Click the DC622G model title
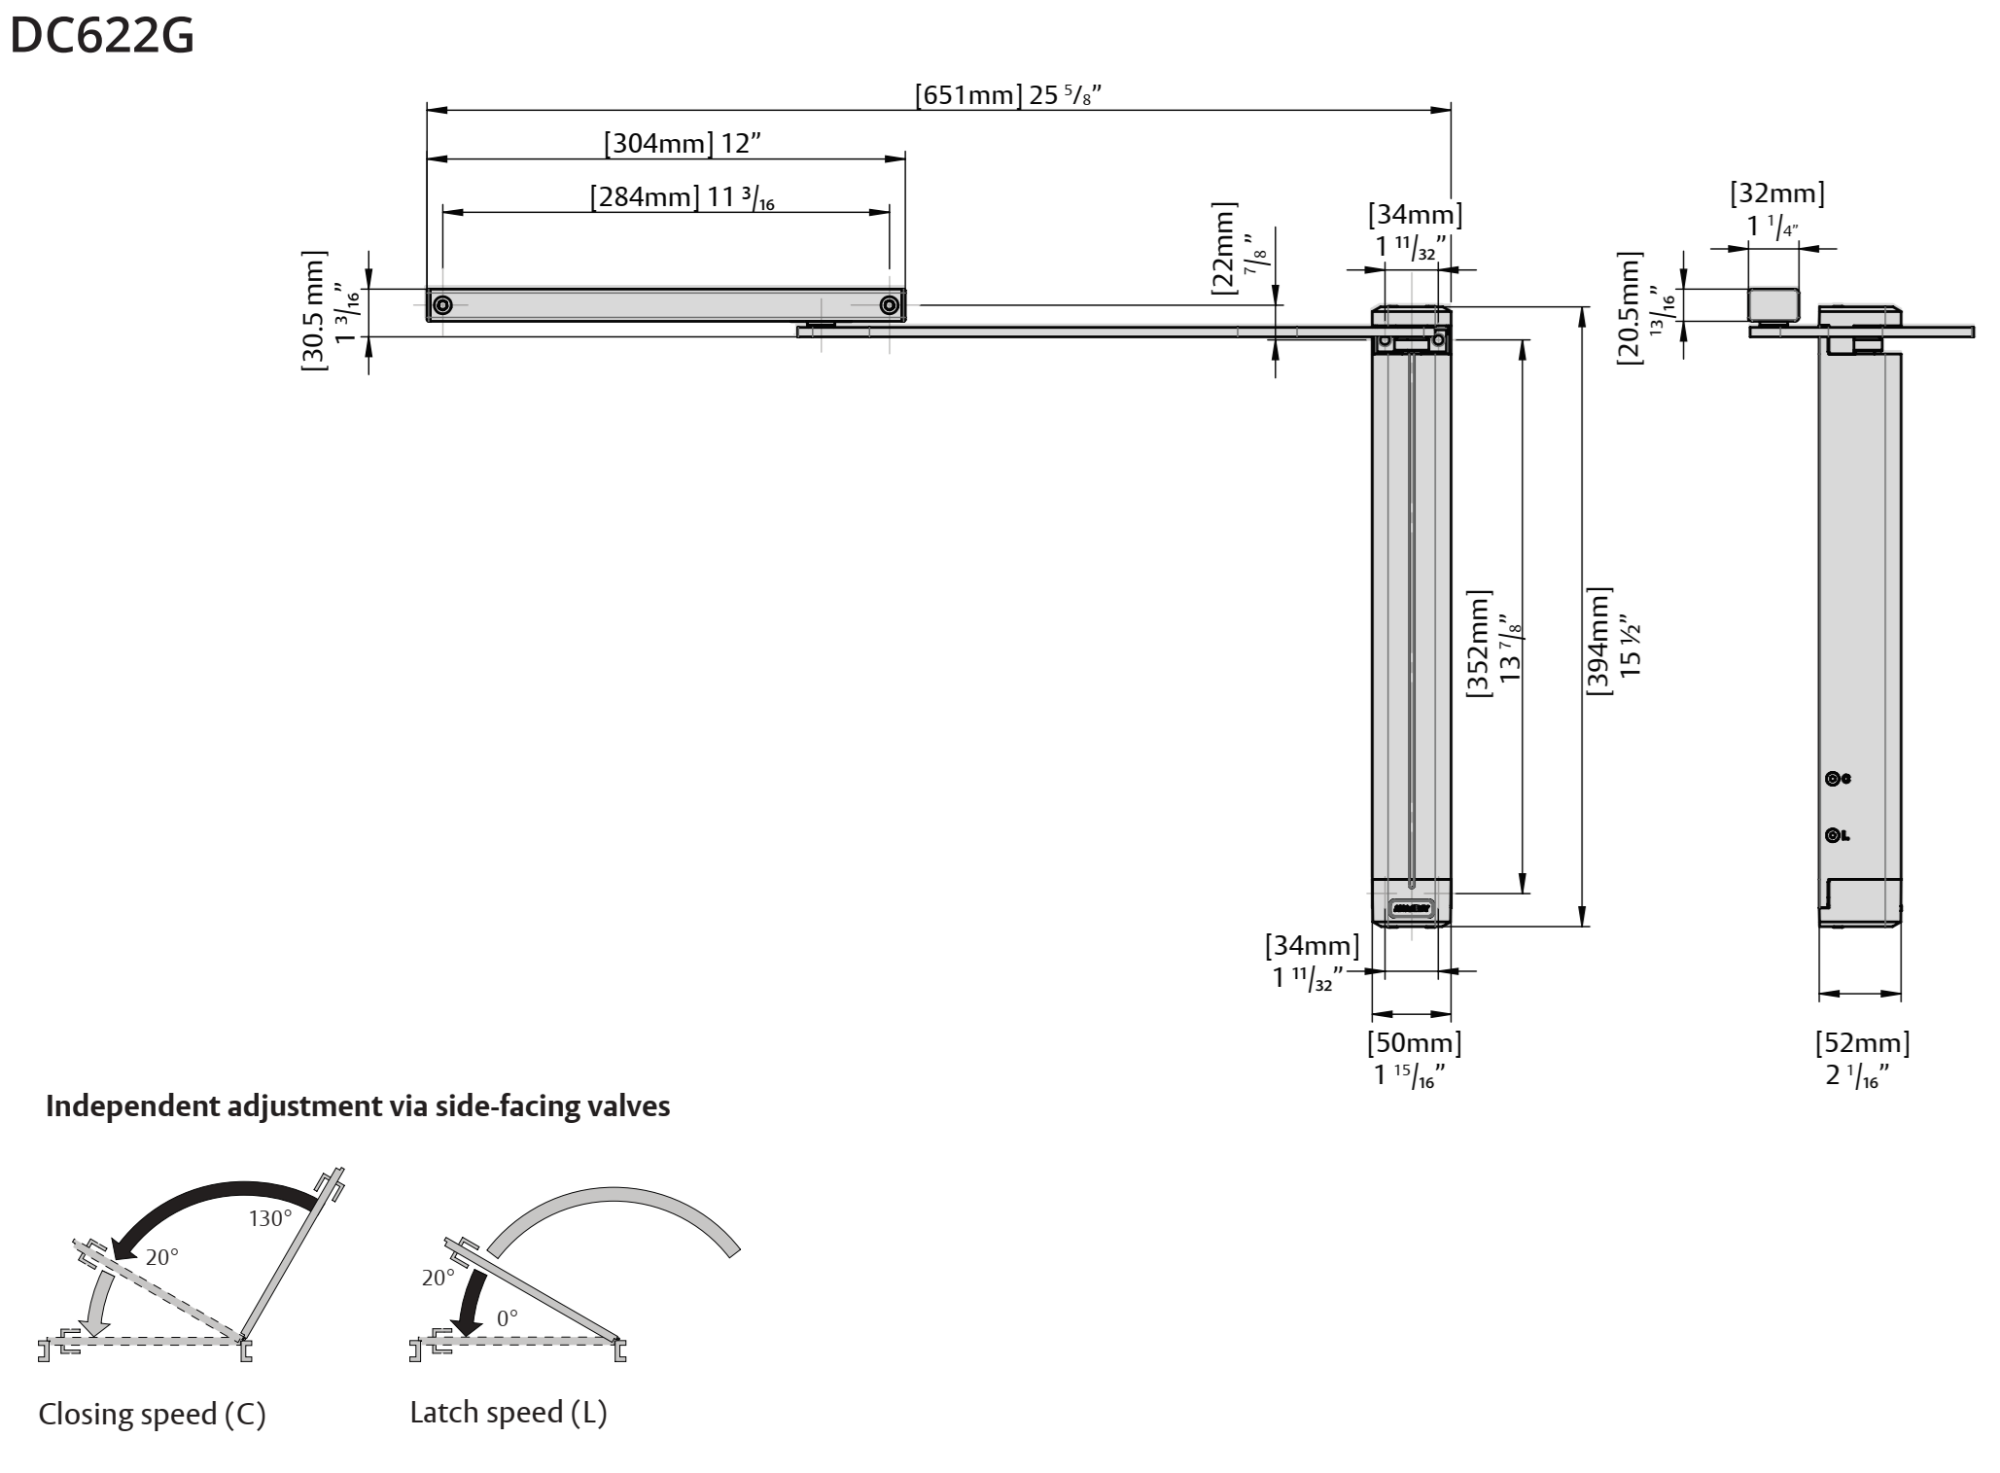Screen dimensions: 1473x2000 (101, 37)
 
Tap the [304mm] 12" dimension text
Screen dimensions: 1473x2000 (682, 144)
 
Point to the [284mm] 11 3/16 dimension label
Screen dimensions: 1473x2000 (682, 197)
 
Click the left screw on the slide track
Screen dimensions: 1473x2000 (442, 305)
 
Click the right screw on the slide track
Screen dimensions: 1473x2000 (889, 305)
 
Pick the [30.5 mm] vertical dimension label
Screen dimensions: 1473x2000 (329, 311)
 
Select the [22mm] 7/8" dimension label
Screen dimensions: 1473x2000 (1237, 250)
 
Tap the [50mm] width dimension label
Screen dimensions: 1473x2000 (1414, 1058)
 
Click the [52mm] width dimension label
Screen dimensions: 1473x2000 (1862, 1058)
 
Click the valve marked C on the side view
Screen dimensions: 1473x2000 (1833, 779)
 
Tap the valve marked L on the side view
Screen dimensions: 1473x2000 (1833, 835)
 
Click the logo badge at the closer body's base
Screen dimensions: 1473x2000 (1411, 909)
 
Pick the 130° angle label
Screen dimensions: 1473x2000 (269, 1218)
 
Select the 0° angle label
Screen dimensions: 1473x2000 (508, 1318)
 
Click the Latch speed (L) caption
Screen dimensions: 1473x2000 (508, 1413)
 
